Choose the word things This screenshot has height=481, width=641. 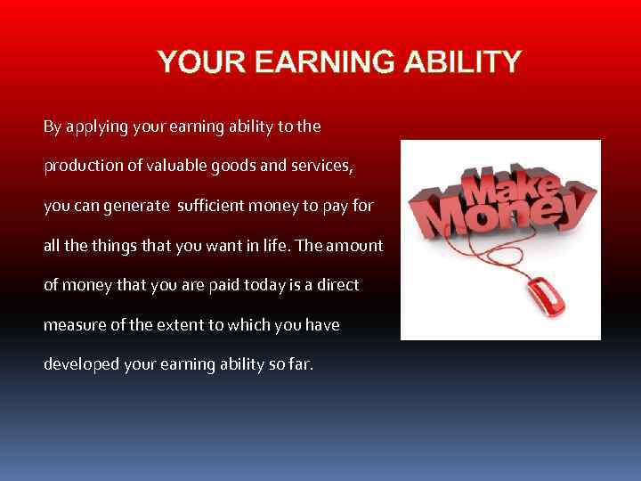(x=119, y=245)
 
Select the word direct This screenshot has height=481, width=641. (x=339, y=285)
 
